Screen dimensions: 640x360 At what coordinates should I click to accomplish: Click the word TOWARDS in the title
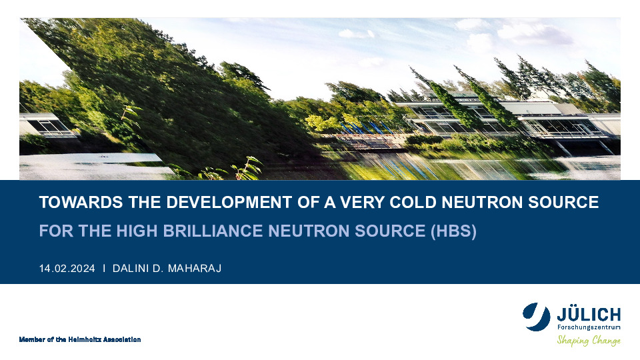pyautogui.click(x=81, y=203)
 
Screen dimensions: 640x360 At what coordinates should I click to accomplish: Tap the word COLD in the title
pyautogui.click(x=413, y=203)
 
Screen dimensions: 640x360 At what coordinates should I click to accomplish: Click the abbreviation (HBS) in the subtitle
pyautogui.click(x=453, y=231)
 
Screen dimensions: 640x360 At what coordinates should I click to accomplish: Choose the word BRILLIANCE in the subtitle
pyautogui.click(x=213, y=231)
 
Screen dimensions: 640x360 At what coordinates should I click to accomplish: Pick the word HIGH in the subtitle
pyautogui.click(x=137, y=231)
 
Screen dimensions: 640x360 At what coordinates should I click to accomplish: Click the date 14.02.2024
pyautogui.click(x=67, y=269)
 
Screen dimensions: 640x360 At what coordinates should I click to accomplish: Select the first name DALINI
pyautogui.click(x=130, y=269)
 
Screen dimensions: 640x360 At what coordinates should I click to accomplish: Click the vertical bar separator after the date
pyautogui.click(x=104, y=268)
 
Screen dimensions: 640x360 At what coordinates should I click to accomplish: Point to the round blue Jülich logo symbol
pyautogui.click(x=536, y=317)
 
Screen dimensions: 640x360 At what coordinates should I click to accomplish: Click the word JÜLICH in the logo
pyautogui.click(x=589, y=315)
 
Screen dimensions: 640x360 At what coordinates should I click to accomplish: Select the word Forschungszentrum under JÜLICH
pyautogui.click(x=589, y=327)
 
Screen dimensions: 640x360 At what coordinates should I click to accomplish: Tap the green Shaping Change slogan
pyautogui.click(x=589, y=340)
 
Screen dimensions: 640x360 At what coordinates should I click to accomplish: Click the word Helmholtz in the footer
pyautogui.click(x=85, y=339)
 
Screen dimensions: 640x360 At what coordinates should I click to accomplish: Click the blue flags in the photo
pyautogui.click(x=366, y=128)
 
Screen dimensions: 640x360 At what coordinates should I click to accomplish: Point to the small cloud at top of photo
pyautogui.click(x=356, y=34)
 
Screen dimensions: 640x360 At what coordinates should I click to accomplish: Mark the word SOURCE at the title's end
pyautogui.click(x=563, y=203)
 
